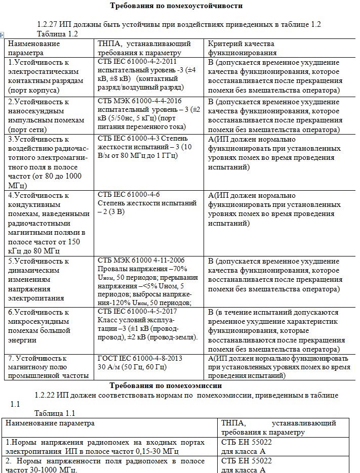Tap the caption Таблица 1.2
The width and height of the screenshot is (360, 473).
click(x=57, y=33)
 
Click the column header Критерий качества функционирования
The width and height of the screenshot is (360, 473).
click(x=242, y=48)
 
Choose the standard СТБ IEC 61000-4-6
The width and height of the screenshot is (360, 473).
click(x=129, y=195)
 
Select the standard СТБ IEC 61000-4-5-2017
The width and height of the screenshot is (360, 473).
click(x=136, y=311)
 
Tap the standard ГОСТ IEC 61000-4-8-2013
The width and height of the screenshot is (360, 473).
click(x=140, y=358)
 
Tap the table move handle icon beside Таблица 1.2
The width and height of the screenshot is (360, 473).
click(x=3, y=34)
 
